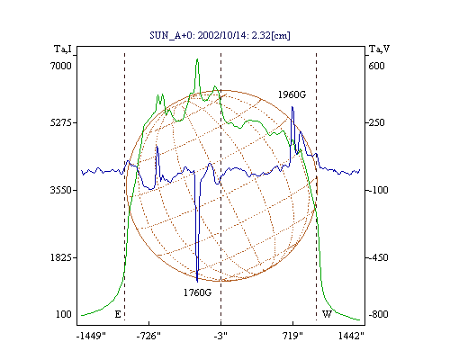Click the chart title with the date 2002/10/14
coord(220,35)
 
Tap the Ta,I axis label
coord(63,49)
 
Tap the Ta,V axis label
coord(379,49)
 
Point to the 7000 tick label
coord(61,66)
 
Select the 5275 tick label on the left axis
coord(61,122)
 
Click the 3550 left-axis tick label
coord(61,190)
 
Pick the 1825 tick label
coord(61,257)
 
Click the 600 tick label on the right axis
coord(376,66)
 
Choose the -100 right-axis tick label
coord(378,190)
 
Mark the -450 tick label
coord(378,257)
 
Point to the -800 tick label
coord(378,314)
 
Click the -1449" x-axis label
coord(91,336)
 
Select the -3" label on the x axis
coord(220,336)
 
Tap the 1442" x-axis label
coord(351,336)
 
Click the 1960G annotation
coord(292,94)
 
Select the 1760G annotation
coord(197,292)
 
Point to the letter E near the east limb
coord(118,314)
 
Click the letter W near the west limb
coord(327,314)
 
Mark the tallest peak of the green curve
coord(197,59)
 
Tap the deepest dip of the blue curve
coord(197,282)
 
